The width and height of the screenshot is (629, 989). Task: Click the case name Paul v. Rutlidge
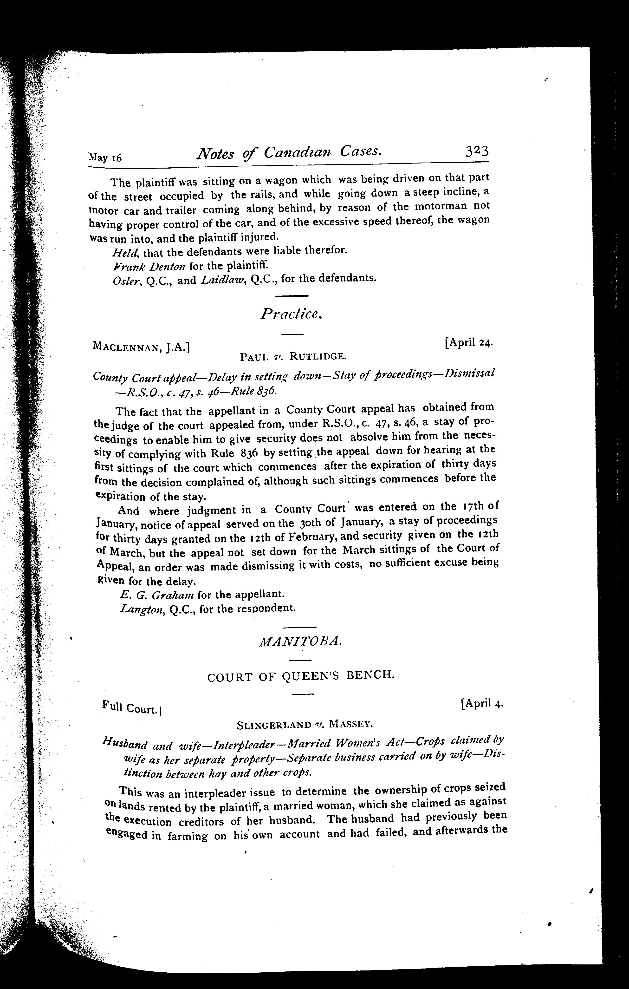(x=294, y=356)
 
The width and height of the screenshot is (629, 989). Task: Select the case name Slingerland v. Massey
(x=305, y=725)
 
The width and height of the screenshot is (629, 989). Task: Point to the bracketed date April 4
(x=482, y=704)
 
